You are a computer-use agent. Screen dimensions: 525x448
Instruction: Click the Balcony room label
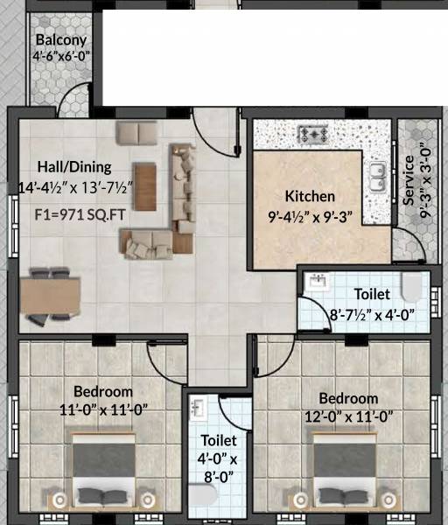[x=61, y=40]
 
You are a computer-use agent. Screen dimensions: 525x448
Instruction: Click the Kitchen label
[x=308, y=197]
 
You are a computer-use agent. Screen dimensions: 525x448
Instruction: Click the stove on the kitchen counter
[x=312, y=135]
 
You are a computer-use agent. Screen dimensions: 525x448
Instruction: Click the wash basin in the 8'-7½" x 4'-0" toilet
[x=318, y=281]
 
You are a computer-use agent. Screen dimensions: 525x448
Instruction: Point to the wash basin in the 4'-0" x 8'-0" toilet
[x=199, y=408]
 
